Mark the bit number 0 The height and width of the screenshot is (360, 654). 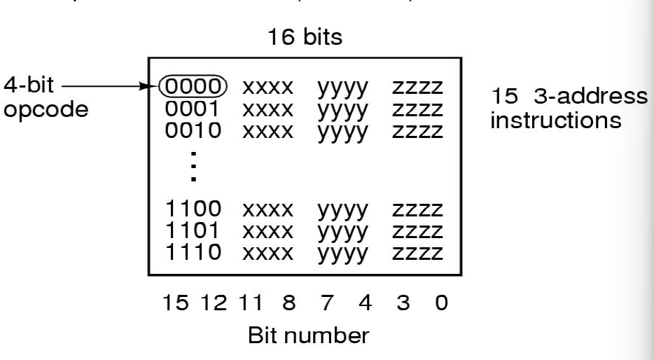tap(438, 306)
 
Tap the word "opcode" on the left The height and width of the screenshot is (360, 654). tap(47, 111)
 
